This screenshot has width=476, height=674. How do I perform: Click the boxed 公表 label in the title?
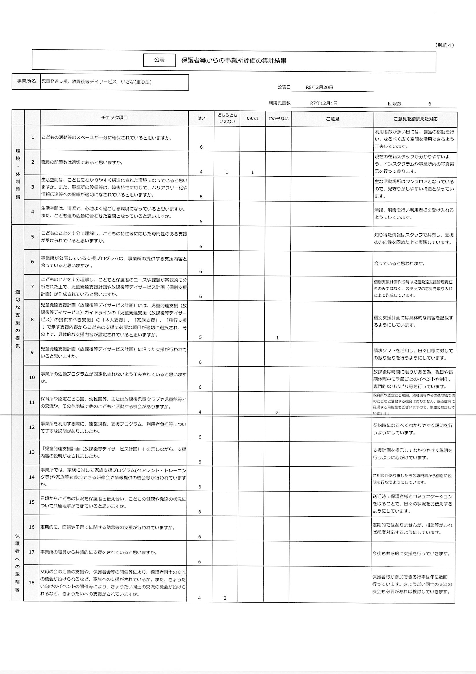click(x=159, y=60)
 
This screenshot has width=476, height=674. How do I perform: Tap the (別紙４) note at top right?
click(x=444, y=45)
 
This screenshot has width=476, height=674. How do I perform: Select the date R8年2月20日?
click(x=319, y=87)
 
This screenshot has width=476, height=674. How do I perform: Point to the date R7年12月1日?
click(x=324, y=103)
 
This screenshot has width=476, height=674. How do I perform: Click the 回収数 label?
click(x=394, y=104)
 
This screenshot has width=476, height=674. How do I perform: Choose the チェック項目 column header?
click(x=114, y=118)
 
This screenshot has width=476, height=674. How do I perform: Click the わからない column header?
click(x=278, y=119)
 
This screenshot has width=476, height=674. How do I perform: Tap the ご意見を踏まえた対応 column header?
click(x=415, y=119)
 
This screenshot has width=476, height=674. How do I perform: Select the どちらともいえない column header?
click(x=227, y=118)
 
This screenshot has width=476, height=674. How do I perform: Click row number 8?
click(x=32, y=320)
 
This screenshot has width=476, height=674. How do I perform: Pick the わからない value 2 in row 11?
click(x=277, y=412)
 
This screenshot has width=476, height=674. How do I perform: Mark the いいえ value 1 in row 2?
click(x=252, y=172)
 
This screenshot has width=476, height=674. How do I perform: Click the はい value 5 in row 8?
click(x=200, y=337)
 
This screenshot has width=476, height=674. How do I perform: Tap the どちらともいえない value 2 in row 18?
click(x=225, y=598)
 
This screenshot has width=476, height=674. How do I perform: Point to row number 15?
click(x=32, y=502)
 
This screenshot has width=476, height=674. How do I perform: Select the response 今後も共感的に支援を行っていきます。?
click(x=411, y=554)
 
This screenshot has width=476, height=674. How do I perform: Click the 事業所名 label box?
click(x=26, y=81)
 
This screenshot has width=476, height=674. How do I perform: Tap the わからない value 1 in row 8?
click(x=277, y=338)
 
